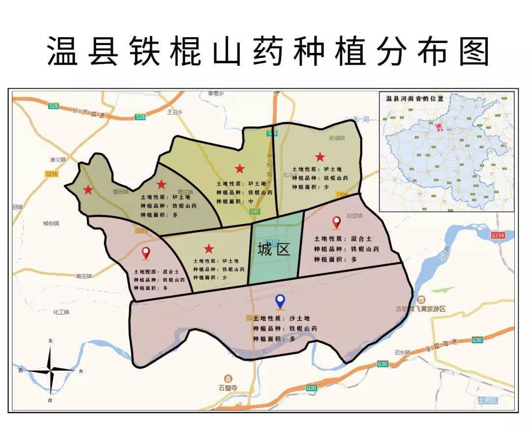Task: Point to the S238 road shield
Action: click(x=51, y=174)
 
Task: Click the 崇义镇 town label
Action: click(x=57, y=160)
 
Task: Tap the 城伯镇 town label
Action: click(x=51, y=224)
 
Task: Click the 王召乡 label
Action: click(x=175, y=112)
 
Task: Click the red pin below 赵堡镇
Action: click(x=337, y=223)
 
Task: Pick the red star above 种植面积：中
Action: click(x=239, y=169)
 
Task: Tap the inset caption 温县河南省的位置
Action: click(x=415, y=99)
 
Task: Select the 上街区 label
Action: click(x=488, y=400)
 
